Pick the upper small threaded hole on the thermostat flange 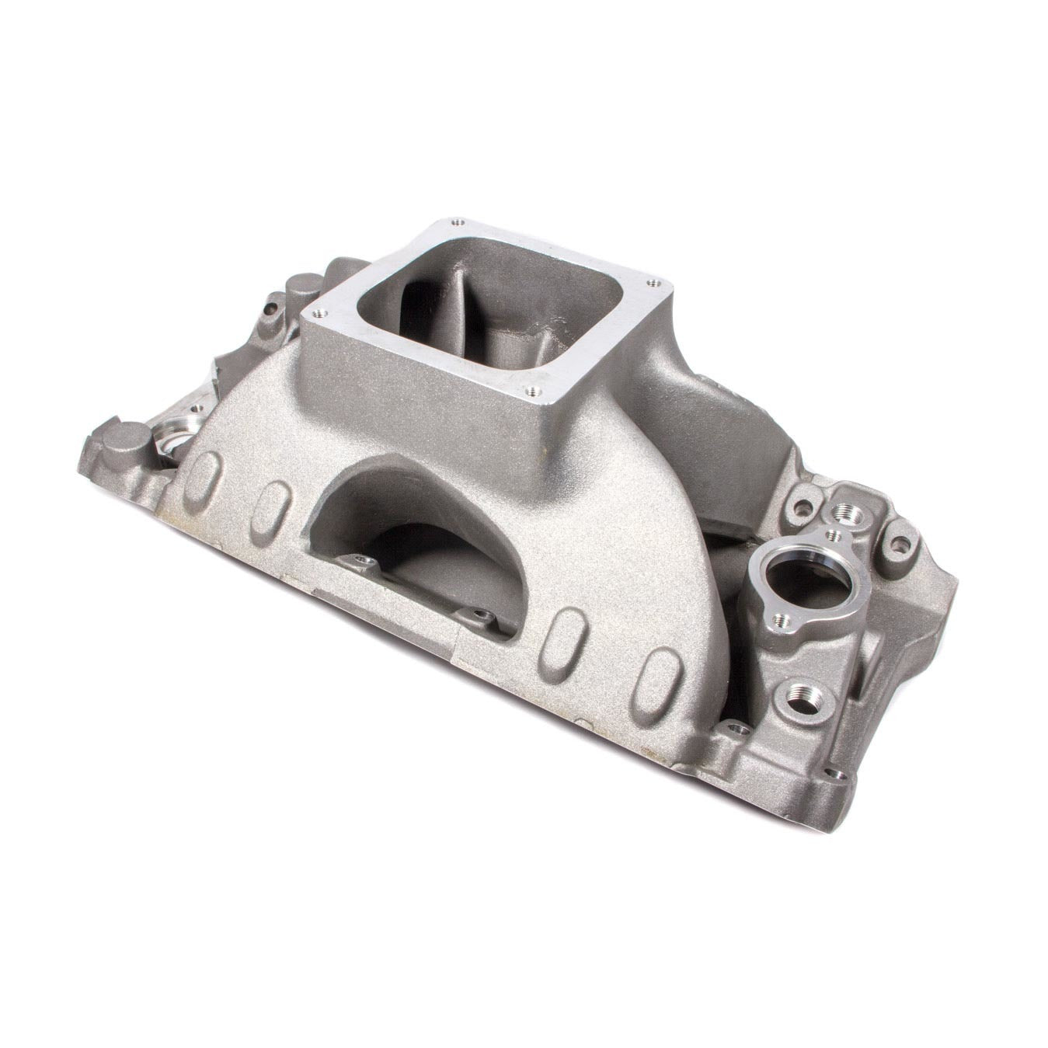(x=834, y=535)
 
